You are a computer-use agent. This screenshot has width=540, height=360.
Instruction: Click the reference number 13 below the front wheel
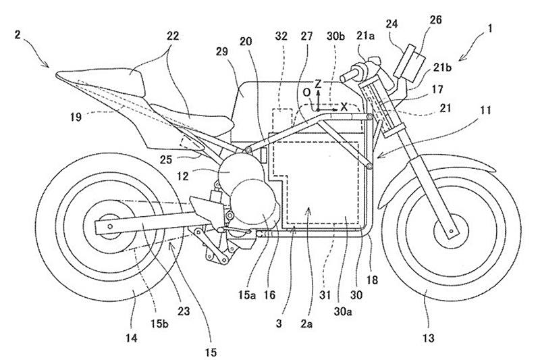[x=429, y=338]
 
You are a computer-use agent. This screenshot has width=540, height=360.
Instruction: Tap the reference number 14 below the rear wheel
[x=132, y=338]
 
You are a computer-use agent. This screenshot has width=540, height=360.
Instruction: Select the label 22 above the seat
[x=173, y=36]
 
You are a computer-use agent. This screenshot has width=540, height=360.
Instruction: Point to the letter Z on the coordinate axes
[x=318, y=84]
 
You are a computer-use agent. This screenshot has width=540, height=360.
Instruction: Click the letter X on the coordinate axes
[x=344, y=107]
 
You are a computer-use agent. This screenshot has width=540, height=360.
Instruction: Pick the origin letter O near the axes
[x=306, y=93]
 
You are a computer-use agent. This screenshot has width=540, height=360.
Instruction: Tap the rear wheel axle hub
[x=109, y=226]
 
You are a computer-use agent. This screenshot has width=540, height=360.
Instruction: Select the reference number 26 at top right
[x=435, y=20]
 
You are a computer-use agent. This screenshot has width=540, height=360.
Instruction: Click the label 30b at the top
[x=335, y=36]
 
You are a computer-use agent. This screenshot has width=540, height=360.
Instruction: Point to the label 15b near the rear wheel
[x=159, y=324]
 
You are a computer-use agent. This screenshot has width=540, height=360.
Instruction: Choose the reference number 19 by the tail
[x=76, y=117]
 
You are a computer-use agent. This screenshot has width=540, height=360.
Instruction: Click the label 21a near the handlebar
[x=365, y=35]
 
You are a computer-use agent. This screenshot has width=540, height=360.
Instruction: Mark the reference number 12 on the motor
[x=183, y=176]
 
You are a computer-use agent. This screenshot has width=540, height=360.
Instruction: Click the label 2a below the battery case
[x=306, y=324]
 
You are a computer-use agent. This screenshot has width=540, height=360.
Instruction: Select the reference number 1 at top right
[x=489, y=28]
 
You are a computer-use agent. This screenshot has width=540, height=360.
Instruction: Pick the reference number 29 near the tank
[x=222, y=52]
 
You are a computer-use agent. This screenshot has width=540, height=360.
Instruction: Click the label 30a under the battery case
[x=343, y=311]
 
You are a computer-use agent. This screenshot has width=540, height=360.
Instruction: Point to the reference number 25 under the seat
[x=166, y=159]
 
